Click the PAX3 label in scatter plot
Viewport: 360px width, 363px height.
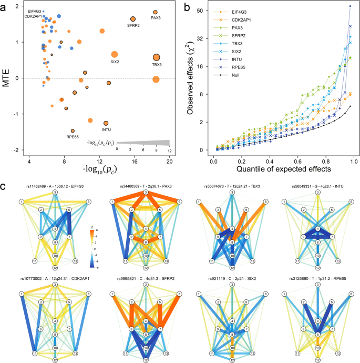tap(156, 18)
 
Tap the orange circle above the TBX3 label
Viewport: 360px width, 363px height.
tap(156, 57)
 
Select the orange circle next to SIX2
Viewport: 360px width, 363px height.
tap(115, 54)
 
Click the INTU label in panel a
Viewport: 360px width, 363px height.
tap(106, 130)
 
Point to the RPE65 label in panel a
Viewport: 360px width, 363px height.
tap(73, 137)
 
